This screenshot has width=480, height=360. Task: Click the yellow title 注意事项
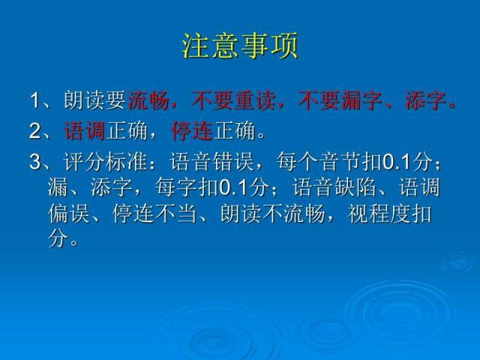pos(240,46)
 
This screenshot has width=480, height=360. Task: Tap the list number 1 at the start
pos(35,100)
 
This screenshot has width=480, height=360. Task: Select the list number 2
pos(35,133)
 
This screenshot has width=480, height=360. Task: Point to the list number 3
pos(35,162)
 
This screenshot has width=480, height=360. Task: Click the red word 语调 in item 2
pos(84,133)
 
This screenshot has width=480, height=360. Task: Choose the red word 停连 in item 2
pos(192,133)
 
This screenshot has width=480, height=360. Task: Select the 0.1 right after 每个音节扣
pos(395,162)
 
